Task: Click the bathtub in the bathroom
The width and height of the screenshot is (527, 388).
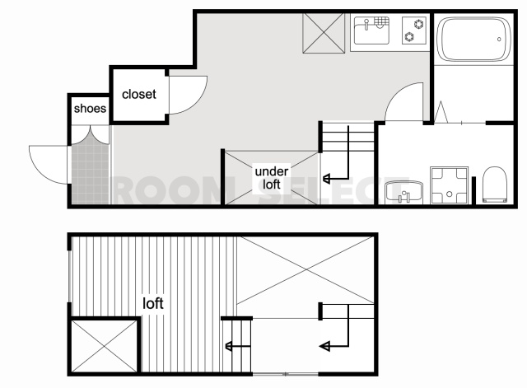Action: (473, 39)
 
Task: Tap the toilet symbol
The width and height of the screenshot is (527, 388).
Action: (495, 185)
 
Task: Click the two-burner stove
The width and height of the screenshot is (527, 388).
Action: (414, 30)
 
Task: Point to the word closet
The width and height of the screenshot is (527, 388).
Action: (139, 94)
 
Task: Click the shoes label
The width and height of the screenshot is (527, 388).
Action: (90, 108)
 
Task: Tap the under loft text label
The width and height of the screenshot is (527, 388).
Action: (272, 178)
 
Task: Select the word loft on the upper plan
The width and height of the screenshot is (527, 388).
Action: (153, 303)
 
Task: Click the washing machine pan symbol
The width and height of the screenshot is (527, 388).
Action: (450, 185)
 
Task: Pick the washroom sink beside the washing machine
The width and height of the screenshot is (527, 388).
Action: (403, 192)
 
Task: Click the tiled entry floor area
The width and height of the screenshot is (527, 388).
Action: (90, 174)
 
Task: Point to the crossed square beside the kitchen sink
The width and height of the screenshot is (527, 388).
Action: (324, 33)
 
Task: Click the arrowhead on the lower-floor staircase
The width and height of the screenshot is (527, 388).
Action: (326, 179)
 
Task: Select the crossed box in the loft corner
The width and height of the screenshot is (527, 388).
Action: (105, 346)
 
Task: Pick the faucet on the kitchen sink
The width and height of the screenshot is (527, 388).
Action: (366, 24)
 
